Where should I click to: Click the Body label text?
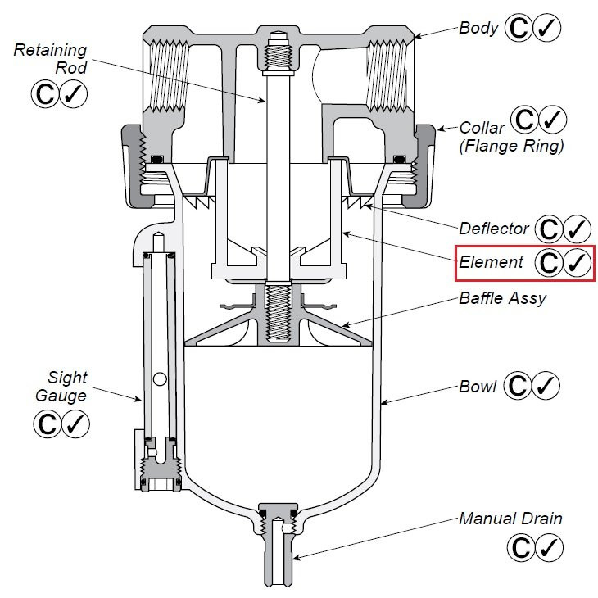click(x=478, y=28)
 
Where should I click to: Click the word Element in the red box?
click(x=491, y=262)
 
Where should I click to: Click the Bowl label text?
click(x=478, y=386)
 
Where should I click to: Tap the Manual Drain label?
click(x=510, y=518)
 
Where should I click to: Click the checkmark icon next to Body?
click(x=546, y=28)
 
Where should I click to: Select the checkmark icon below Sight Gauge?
click(x=75, y=424)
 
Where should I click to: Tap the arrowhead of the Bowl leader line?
click(x=383, y=401)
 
